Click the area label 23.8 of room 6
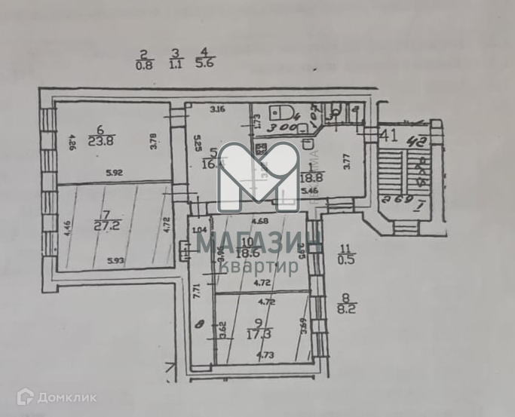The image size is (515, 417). pyautogui.click(x=100, y=140)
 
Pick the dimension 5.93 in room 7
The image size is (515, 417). pyautogui.click(x=115, y=261)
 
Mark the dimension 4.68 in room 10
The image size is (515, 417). pyautogui.click(x=259, y=220)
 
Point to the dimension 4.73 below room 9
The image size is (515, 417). pyautogui.click(x=264, y=354)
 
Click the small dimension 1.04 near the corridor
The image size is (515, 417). pyautogui.click(x=199, y=230)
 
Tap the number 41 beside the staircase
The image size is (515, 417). pyautogui.click(x=389, y=136)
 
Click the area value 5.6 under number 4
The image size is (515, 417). pyautogui.click(x=204, y=65)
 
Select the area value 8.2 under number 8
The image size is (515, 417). pyautogui.click(x=346, y=307)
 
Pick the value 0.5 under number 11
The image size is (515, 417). pyautogui.click(x=346, y=260)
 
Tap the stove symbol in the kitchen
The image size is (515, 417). pyautogui.click(x=261, y=149)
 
